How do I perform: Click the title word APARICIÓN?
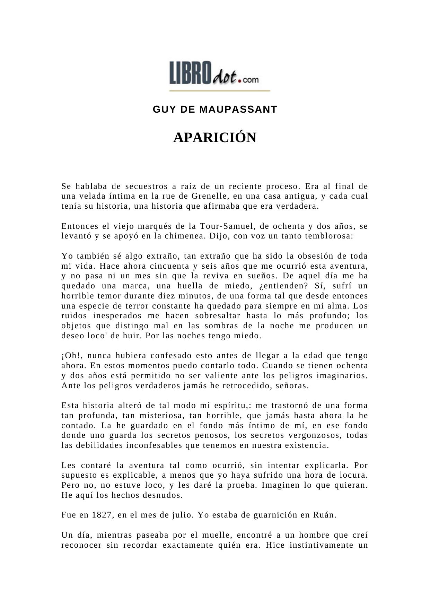[x=214, y=138]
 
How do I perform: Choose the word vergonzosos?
[x=314, y=435]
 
